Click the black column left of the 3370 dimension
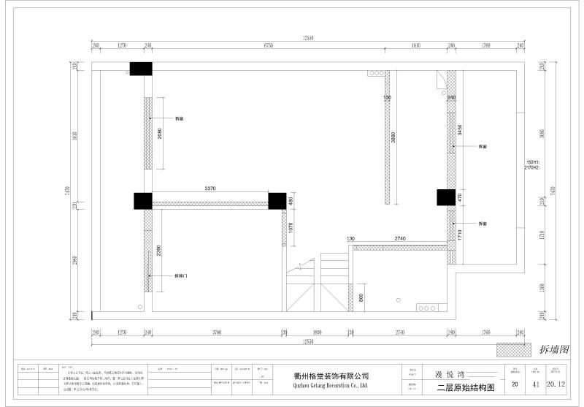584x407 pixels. (142, 201)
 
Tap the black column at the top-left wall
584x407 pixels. (141, 69)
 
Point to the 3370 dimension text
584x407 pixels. (210, 189)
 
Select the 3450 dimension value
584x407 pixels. (459, 131)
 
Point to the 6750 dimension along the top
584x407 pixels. (268, 45)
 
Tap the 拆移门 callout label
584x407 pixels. (181, 275)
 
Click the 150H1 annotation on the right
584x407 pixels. (531, 162)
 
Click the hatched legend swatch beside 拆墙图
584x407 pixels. (510, 349)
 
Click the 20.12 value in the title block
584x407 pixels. (556, 384)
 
